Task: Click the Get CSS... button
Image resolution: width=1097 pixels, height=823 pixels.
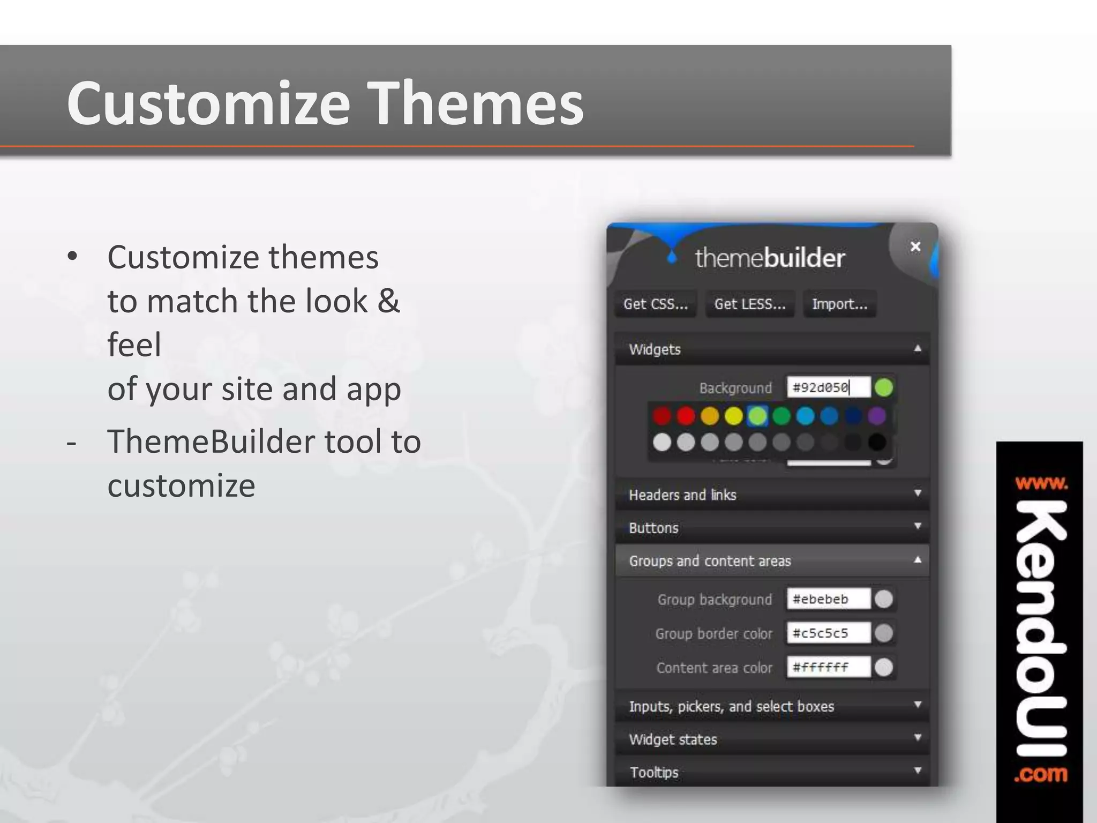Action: point(655,304)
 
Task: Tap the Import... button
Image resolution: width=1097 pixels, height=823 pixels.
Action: point(839,304)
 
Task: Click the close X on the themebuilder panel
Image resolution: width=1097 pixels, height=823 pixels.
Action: point(915,246)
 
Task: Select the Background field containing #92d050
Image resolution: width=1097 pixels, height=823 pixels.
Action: point(828,387)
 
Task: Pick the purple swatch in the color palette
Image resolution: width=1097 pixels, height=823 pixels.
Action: point(876,416)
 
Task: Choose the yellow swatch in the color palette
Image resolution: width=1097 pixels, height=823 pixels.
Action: point(733,416)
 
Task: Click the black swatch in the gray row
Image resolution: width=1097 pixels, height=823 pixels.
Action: point(876,443)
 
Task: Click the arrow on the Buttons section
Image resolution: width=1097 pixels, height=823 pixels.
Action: point(917,526)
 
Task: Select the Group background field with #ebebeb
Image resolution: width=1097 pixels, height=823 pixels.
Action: point(828,599)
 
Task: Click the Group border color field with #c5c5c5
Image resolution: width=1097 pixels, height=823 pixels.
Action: point(828,633)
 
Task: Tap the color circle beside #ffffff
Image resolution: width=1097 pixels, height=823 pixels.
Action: point(884,668)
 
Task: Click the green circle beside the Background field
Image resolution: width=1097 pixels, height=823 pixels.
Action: point(884,387)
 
